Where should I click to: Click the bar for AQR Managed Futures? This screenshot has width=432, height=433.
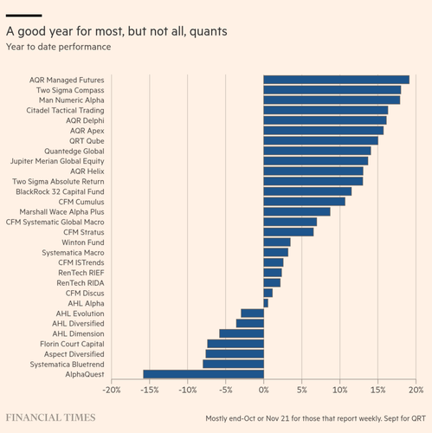[337, 80]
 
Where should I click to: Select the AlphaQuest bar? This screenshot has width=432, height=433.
[203, 374]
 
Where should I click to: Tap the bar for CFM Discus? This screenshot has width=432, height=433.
[268, 293]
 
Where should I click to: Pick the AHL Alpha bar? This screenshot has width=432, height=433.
[266, 303]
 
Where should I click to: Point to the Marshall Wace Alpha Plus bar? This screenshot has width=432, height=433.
[297, 211]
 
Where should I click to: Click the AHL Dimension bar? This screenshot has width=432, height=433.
[242, 333]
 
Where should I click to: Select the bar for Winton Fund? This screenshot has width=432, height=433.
[277, 242]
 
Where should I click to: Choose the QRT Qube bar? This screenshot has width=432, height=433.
[321, 140]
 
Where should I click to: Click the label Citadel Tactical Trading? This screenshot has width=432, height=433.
[65, 110]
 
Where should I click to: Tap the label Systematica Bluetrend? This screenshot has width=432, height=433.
[68, 365]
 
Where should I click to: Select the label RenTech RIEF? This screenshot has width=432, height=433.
[81, 273]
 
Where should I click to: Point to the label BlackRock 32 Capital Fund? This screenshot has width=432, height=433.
[60, 191]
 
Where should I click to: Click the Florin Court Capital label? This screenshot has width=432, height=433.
[72, 344]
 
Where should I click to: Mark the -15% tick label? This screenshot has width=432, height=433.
[150, 390]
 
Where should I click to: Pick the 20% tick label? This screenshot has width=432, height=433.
[416, 390]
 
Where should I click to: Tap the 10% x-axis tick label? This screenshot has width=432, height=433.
[340, 390]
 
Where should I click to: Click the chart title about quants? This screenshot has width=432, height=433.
[117, 31]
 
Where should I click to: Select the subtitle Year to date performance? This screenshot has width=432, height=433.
[59, 47]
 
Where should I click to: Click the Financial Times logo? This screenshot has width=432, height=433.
[50, 417]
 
